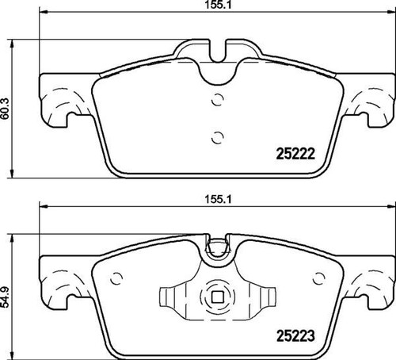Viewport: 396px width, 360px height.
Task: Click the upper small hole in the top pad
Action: pos(219,101)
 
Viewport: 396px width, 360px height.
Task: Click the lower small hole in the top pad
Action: pos(219,136)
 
